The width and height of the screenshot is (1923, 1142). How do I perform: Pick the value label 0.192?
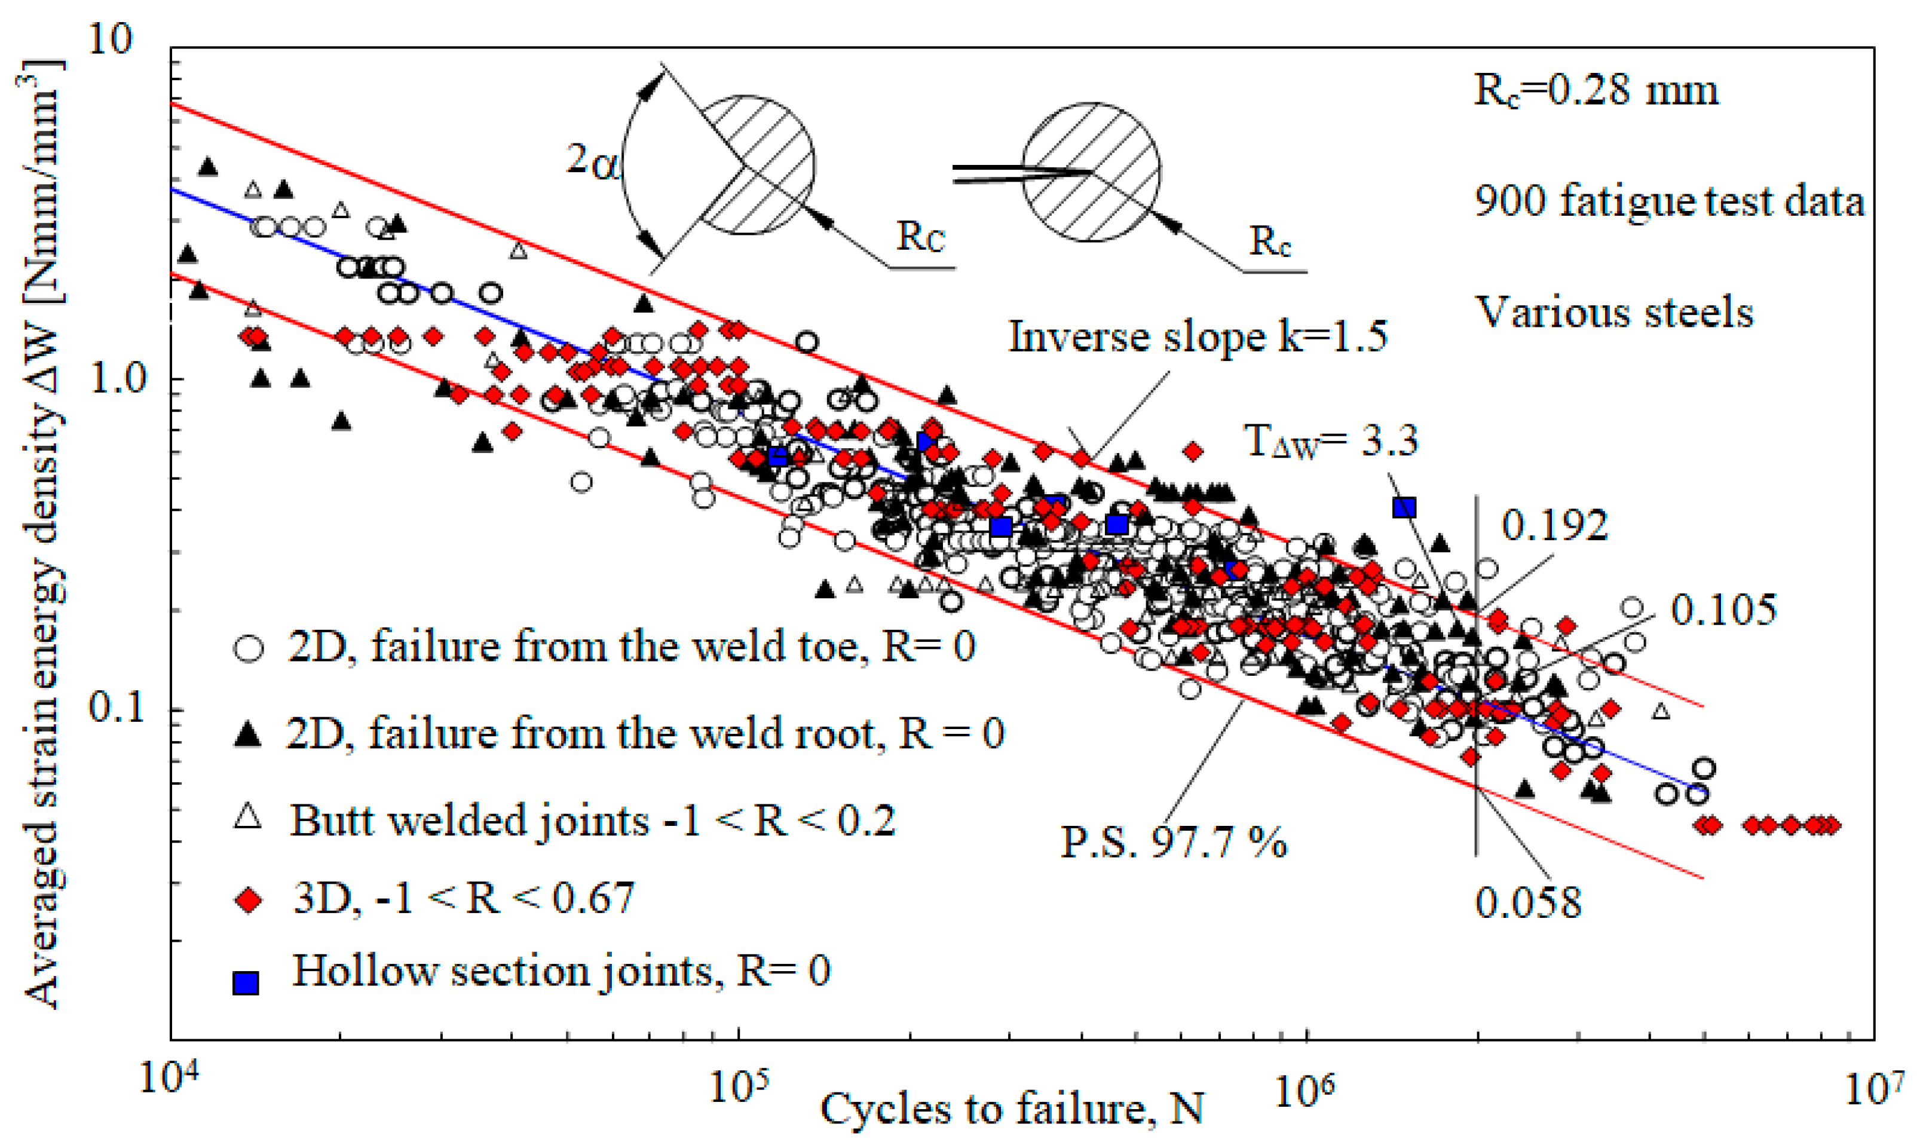point(1554,526)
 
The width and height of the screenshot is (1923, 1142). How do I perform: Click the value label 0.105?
point(1723,610)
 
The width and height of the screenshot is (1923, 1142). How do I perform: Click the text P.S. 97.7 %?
point(1174,842)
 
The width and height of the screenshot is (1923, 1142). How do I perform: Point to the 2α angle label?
point(593,161)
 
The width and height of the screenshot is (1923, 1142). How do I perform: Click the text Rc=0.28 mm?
point(1595,90)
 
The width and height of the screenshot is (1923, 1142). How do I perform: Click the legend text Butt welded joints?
point(593,820)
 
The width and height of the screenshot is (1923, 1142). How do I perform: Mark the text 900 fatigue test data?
point(1669,201)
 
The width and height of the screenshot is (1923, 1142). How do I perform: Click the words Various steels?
point(1613,313)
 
